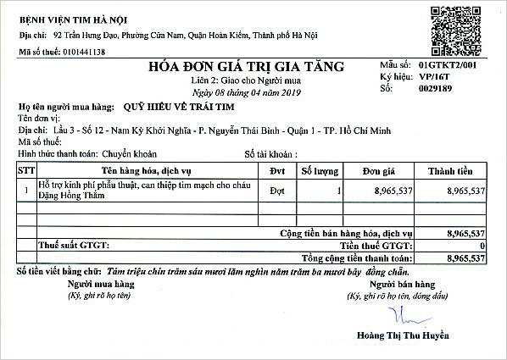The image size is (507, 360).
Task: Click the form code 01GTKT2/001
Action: click(x=453, y=64)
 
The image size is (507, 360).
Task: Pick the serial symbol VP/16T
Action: click(x=435, y=75)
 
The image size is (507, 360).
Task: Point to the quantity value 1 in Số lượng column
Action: click(x=337, y=191)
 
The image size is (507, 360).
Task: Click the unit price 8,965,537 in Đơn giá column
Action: click(x=393, y=191)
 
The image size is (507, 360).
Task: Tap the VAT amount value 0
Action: click(x=482, y=245)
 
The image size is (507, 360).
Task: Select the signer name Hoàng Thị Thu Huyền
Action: click(x=394, y=333)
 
